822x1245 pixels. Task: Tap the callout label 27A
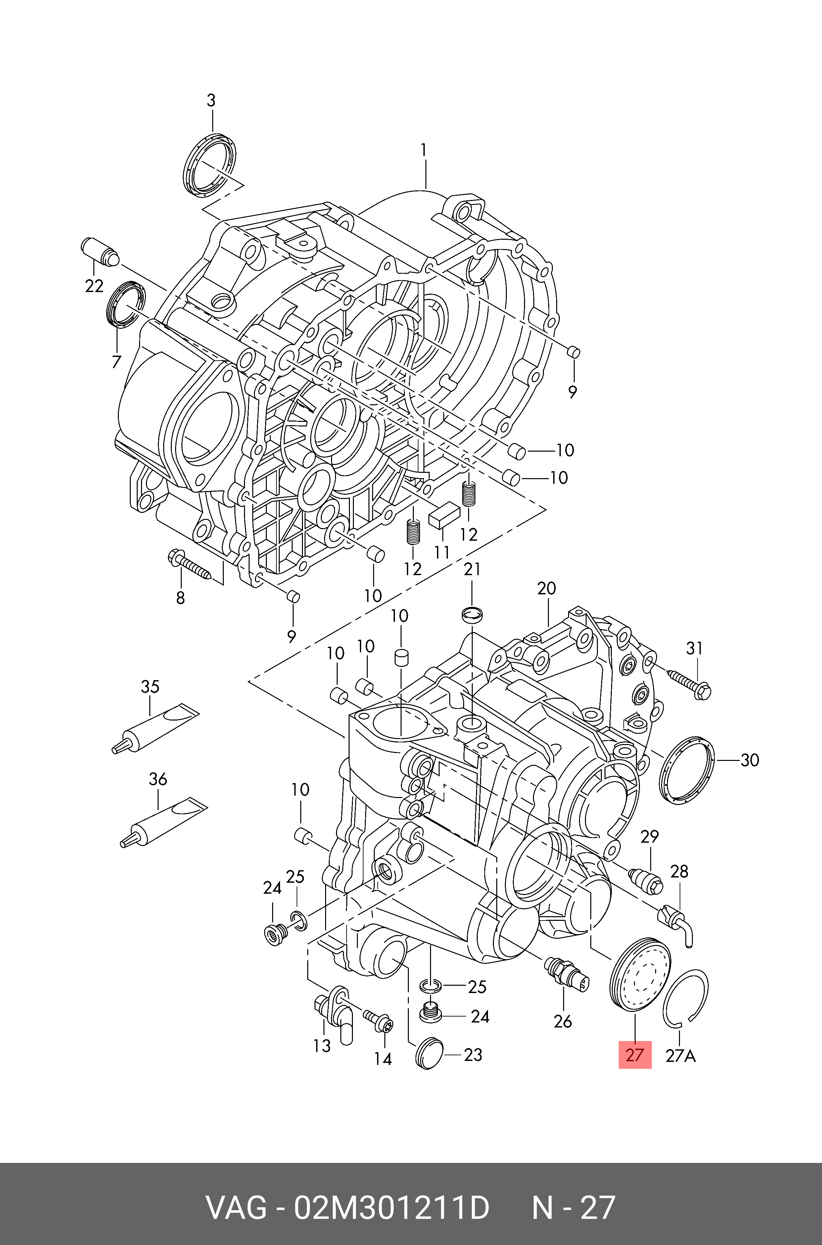(680, 1055)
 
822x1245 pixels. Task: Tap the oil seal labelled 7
(126, 304)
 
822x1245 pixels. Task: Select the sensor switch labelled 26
(567, 974)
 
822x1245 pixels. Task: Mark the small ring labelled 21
(472, 614)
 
